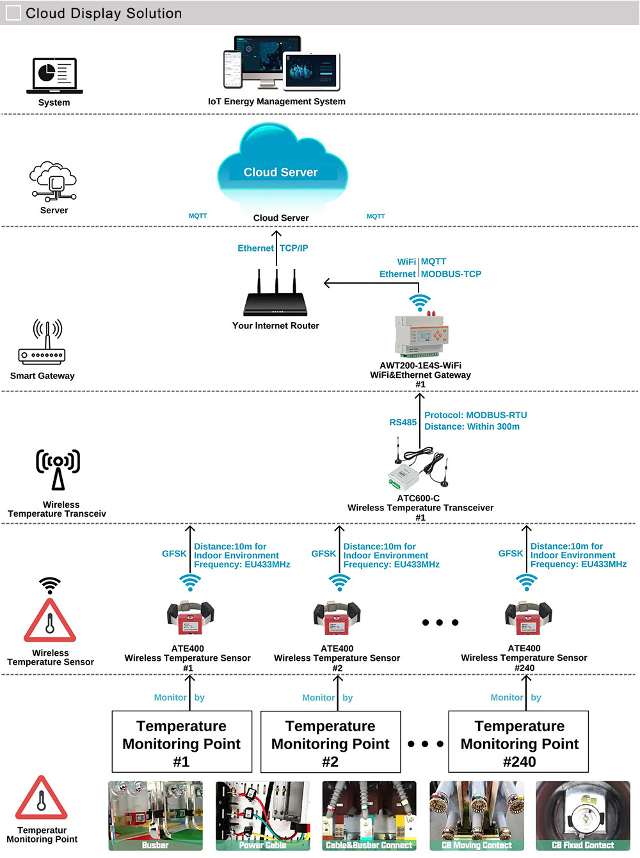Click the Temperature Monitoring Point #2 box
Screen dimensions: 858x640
[x=330, y=742]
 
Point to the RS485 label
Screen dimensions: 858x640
[x=403, y=423]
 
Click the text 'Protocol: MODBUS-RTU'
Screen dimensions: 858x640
[x=476, y=416]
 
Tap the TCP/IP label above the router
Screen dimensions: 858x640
[x=294, y=248]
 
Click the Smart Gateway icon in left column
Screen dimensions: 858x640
[x=42, y=342]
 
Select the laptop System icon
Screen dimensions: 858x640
[x=54, y=75]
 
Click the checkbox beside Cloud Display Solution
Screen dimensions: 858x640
[x=13, y=13]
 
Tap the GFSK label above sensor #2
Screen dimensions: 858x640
[x=323, y=554]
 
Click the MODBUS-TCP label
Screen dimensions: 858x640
[x=451, y=274]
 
